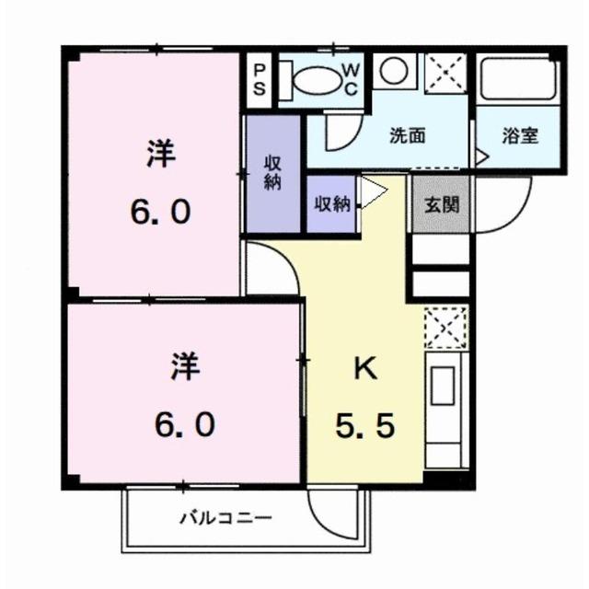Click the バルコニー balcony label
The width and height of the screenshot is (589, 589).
tap(225, 518)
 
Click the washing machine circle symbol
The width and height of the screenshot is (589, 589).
tap(394, 70)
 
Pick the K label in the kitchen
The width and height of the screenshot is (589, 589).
tap(364, 368)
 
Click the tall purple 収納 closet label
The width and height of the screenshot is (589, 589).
tap(272, 173)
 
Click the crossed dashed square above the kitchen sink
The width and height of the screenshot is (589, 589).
tap(445, 327)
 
